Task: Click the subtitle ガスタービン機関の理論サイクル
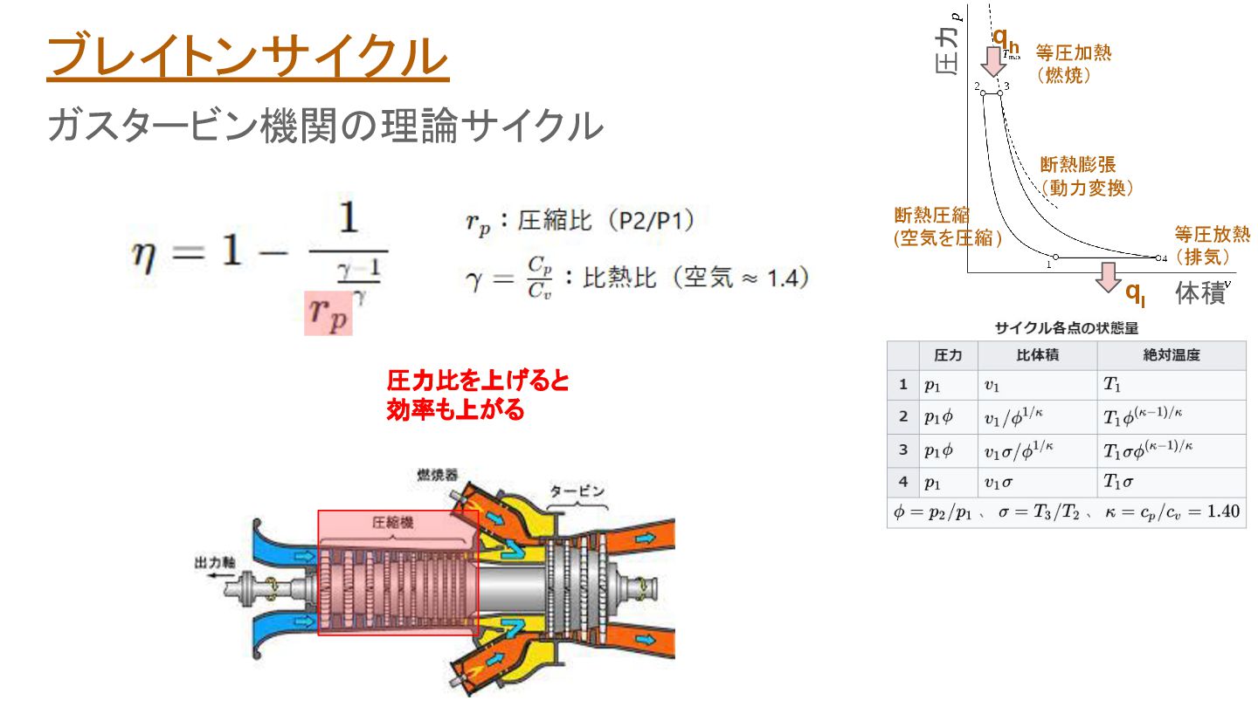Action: [x=325, y=126]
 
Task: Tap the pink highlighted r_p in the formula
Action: [x=328, y=315]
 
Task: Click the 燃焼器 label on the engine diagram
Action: [x=437, y=475]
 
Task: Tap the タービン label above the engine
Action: [x=577, y=491]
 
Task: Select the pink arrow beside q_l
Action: [x=1109, y=277]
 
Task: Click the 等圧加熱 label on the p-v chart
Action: [x=1074, y=52]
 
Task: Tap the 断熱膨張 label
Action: [x=1078, y=164]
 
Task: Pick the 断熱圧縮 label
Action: [x=932, y=215]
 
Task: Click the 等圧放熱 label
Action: [x=1212, y=234]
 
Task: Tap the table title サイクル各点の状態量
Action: [x=1066, y=328]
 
